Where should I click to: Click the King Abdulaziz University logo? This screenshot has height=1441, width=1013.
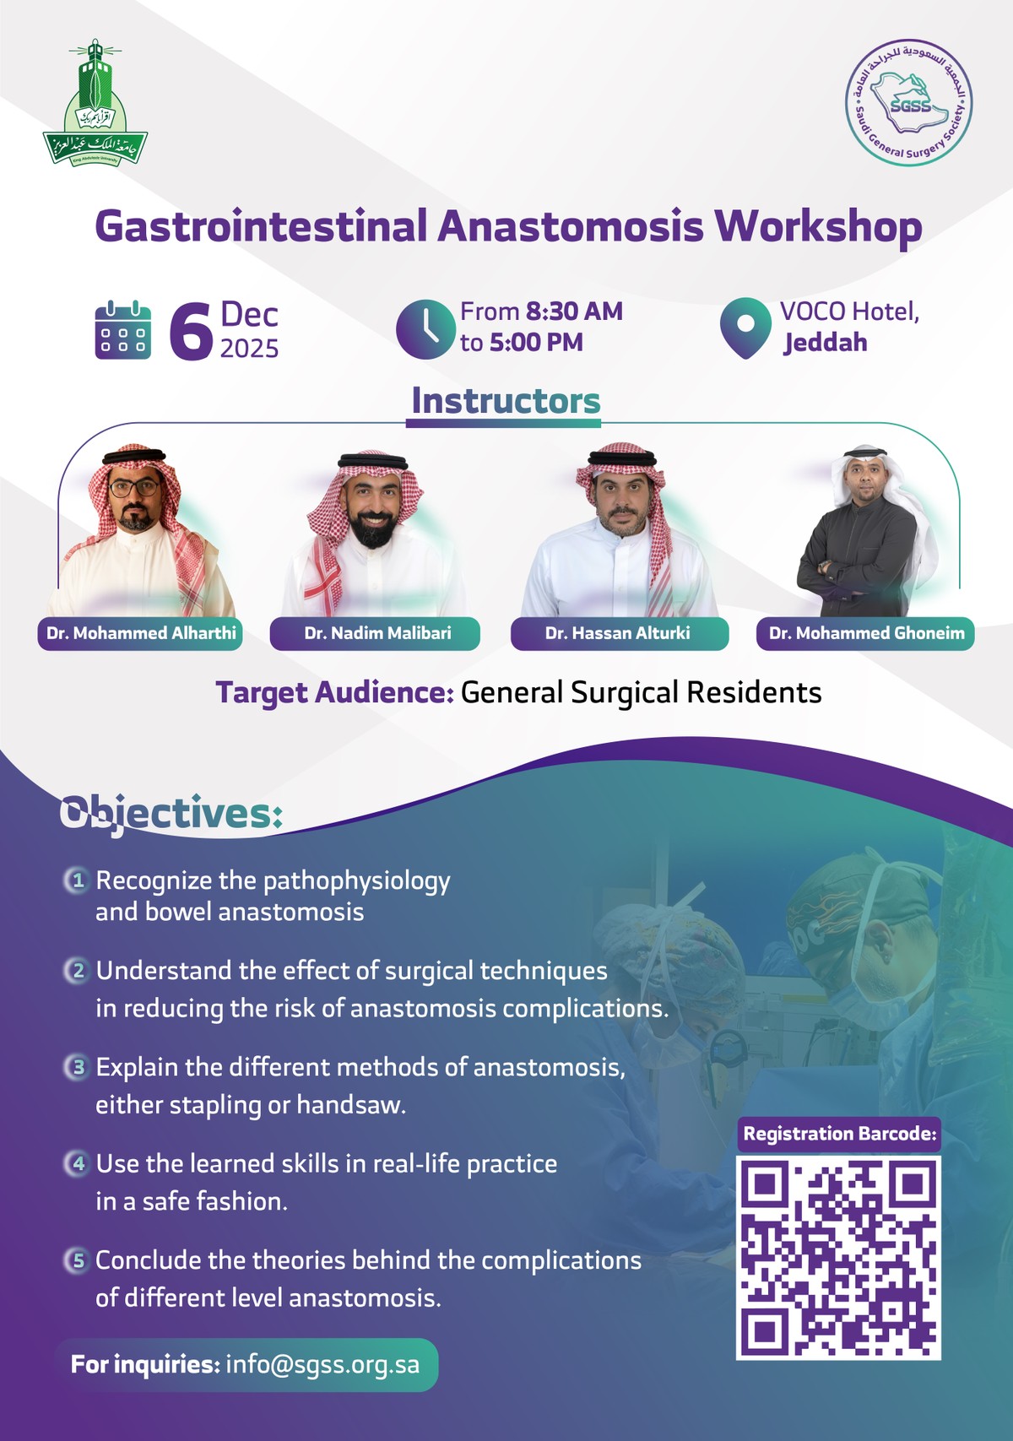pos(95,104)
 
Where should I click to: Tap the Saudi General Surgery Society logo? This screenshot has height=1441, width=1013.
pos(909,102)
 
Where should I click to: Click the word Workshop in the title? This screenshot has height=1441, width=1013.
pos(818,226)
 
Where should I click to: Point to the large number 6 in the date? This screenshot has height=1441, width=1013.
pos(191,331)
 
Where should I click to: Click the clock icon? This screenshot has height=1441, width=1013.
pos(425,328)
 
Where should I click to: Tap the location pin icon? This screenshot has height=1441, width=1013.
pos(745,328)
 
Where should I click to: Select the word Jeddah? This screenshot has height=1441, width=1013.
pos(825,343)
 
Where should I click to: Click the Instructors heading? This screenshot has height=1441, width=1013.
pos(506,401)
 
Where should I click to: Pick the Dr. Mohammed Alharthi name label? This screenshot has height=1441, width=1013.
pos(141,633)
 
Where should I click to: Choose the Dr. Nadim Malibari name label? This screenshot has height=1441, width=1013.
pos(376,633)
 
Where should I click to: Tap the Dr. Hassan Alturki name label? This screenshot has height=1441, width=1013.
pos(618,633)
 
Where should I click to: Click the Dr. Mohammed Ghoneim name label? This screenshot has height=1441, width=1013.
pos(866,633)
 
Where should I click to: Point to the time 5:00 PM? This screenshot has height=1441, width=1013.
pos(537,343)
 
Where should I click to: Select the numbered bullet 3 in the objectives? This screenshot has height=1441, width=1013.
pos(78,1067)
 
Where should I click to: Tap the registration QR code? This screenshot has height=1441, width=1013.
pos(838,1258)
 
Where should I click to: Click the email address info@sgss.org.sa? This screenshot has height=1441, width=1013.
pos(322,1364)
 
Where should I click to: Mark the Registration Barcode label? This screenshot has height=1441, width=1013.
pos(839,1134)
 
